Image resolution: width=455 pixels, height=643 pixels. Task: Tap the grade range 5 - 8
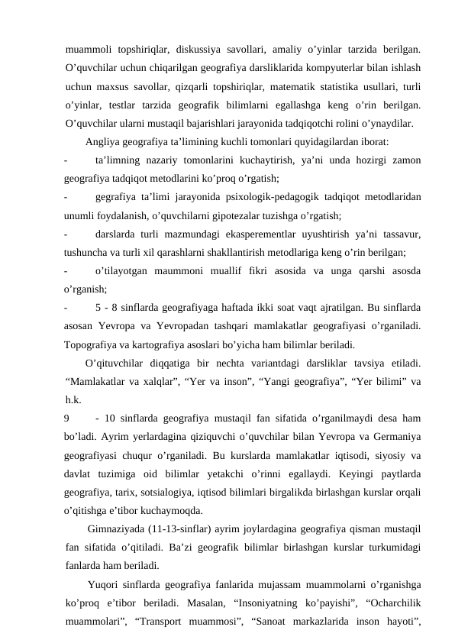coord(107,307)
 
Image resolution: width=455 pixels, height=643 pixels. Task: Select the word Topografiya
coord(93,344)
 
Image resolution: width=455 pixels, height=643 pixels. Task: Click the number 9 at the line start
coord(69,418)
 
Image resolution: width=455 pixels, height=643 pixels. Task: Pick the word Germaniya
coord(395,436)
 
